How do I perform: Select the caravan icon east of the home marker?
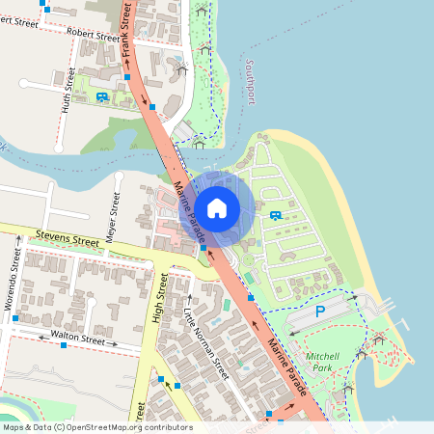(276, 215)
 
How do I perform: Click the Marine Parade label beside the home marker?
(190, 213)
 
